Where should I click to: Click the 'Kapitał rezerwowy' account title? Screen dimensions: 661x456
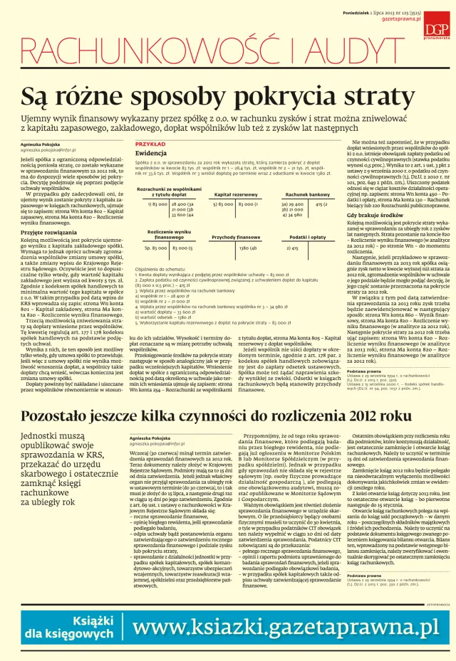231,194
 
